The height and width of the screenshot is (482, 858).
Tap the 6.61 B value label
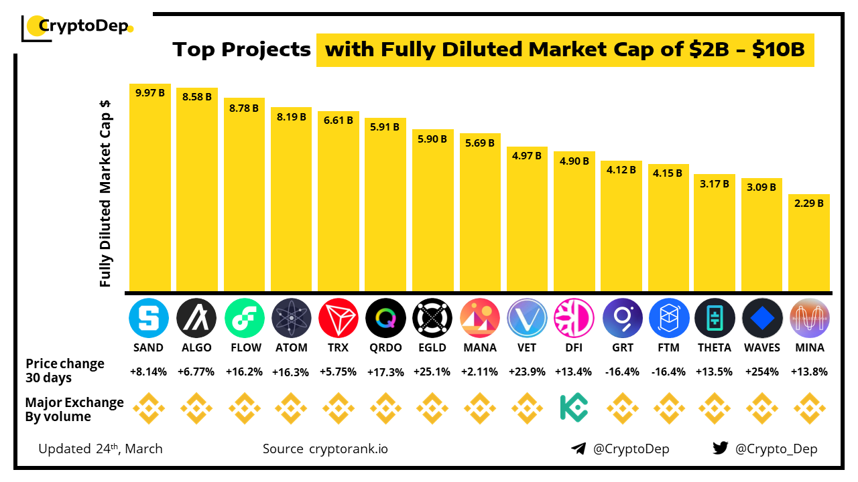(x=338, y=120)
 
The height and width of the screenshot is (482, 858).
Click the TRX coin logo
(x=338, y=318)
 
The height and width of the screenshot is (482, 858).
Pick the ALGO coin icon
(x=196, y=318)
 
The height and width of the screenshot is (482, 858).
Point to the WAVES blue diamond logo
(x=762, y=318)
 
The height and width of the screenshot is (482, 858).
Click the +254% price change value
(x=762, y=372)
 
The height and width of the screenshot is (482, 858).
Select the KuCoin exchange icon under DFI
(x=574, y=407)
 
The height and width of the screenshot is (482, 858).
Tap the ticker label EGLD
(x=432, y=347)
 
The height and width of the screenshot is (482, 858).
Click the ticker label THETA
(x=715, y=347)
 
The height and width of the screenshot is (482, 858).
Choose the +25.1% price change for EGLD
(x=432, y=372)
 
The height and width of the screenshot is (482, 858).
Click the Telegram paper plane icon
(x=578, y=449)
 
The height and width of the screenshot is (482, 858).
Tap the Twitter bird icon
(x=721, y=449)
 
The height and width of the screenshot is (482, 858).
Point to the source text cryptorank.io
(x=348, y=449)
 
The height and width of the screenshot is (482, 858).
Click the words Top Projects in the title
(x=241, y=50)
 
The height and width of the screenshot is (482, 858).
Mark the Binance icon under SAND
(x=149, y=407)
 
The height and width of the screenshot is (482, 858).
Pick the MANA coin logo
(x=479, y=318)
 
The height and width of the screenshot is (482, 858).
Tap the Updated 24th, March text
(x=101, y=449)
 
